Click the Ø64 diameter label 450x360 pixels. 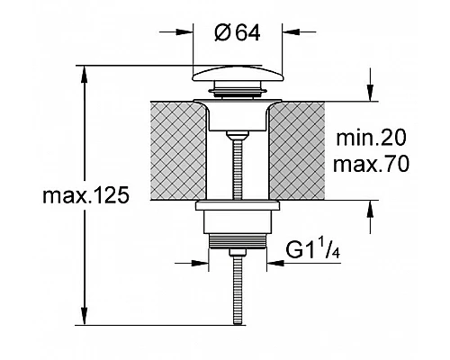click(x=238, y=33)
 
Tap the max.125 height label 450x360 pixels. click(x=86, y=195)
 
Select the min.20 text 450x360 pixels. click(x=371, y=138)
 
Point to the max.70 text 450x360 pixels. click(x=371, y=164)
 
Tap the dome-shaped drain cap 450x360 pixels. click(x=237, y=74)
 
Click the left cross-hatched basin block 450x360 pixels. click(x=178, y=150)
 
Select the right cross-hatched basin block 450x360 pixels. click(x=297, y=150)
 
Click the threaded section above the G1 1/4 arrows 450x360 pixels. click(x=237, y=241)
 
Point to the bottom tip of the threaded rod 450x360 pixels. click(x=238, y=323)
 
